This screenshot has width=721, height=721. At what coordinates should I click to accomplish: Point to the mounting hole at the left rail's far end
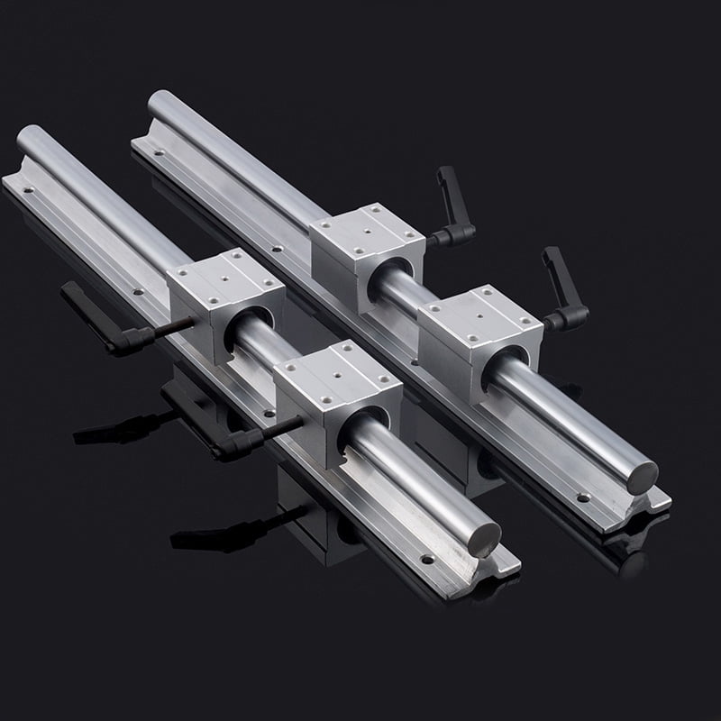coord(28,190)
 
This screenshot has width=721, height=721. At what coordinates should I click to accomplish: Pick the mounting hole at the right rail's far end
coord(145,142)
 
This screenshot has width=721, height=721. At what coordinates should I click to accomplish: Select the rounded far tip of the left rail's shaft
coord(27,132)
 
